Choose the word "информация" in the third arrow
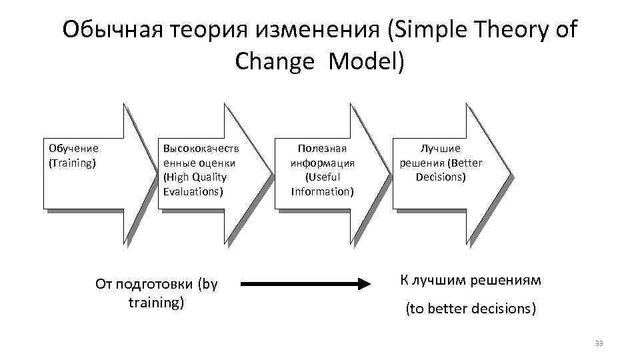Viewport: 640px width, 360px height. click(x=323, y=162)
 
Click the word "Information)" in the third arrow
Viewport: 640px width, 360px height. click(x=323, y=191)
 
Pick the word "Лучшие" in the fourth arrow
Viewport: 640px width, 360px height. click(x=441, y=148)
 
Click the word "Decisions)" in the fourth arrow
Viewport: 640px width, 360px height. click(x=441, y=177)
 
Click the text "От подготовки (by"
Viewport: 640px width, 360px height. click(x=157, y=284)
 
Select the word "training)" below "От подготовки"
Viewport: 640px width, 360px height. click(x=156, y=302)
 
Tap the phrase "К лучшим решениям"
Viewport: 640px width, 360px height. click(x=471, y=280)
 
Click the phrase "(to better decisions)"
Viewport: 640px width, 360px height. click(x=471, y=309)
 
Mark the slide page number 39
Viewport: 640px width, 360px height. click(x=598, y=343)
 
